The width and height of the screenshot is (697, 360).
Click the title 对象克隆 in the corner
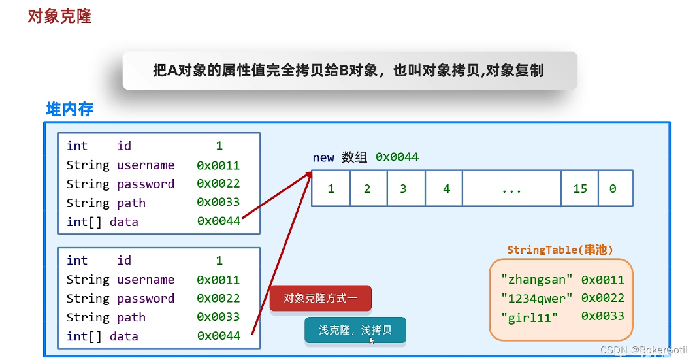(59, 16)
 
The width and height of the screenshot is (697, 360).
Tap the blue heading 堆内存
(70, 109)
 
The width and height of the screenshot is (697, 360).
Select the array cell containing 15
(580, 189)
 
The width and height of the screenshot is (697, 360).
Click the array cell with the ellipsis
(511, 189)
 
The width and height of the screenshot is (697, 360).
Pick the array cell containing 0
(613, 189)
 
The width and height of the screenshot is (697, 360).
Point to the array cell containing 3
(404, 189)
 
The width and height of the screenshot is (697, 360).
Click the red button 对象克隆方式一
(320, 299)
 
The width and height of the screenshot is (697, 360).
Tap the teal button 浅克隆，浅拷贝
(355, 330)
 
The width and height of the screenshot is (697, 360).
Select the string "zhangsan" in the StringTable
(536, 280)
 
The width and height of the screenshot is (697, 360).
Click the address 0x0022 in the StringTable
(602, 298)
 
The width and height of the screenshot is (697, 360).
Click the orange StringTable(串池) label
(560, 250)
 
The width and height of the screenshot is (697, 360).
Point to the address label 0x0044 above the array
(397, 157)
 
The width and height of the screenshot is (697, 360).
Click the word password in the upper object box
(146, 184)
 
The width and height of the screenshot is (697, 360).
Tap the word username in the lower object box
(146, 280)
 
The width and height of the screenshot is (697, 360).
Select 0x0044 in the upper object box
(218, 221)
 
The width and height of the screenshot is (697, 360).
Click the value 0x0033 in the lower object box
(218, 318)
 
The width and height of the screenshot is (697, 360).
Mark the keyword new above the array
(323, 157)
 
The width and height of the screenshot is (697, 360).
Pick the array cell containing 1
(331, 189)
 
